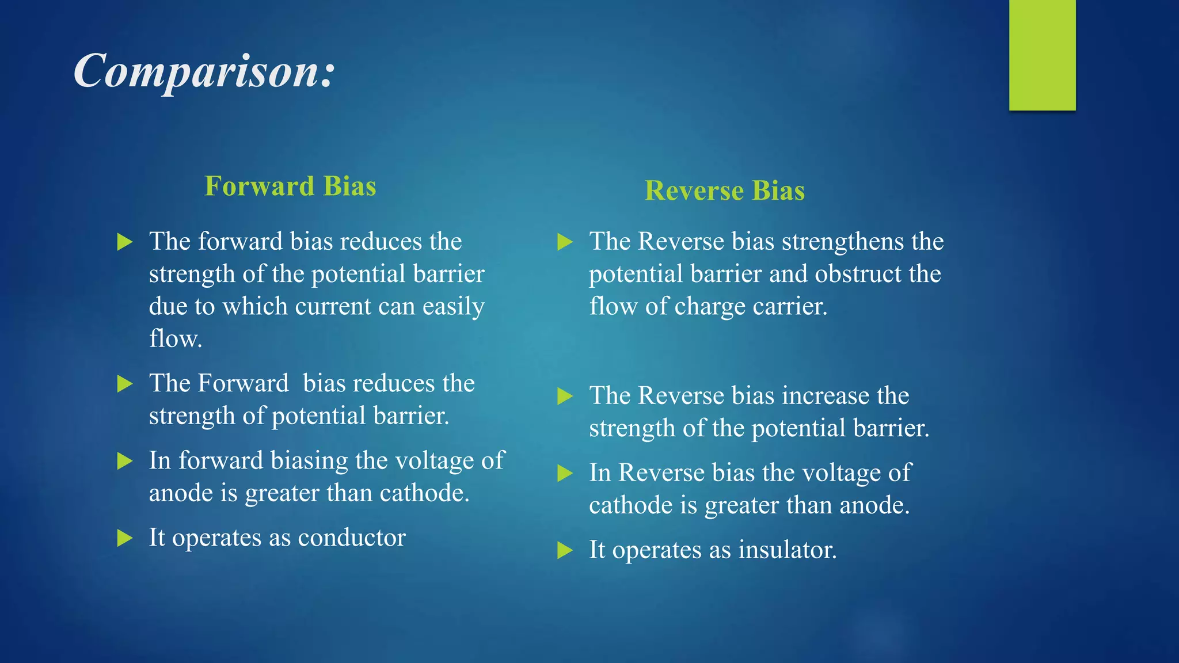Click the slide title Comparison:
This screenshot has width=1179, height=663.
tap(204, 71)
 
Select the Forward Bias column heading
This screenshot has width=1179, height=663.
tap(290, 186)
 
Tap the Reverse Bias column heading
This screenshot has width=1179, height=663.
tap(724, 190)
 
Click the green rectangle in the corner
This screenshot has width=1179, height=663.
tap(1042, 55)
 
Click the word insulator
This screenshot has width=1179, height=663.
tap(787, 550)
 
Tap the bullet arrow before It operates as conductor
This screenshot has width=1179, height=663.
tap(124, 538)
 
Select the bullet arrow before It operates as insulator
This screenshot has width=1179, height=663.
tap(565, 551)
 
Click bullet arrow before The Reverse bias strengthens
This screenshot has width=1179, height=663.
tap(565, 242)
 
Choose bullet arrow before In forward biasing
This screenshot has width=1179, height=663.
tap(124, 461)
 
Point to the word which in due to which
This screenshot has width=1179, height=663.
tap(255, 307)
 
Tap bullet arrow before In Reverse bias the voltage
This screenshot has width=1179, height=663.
tap(565, 474)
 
